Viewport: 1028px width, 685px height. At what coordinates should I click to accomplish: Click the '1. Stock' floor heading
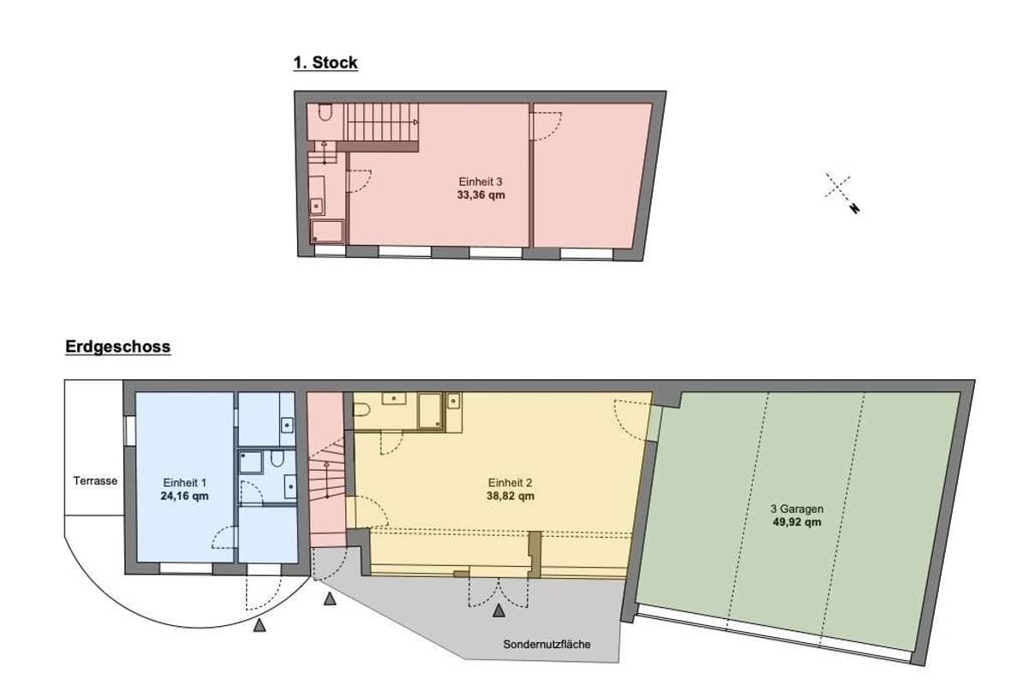pos(326,63)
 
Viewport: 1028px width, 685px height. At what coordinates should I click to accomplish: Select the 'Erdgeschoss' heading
pos(118,347)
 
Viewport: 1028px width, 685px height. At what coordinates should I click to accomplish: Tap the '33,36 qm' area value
pos(481,195)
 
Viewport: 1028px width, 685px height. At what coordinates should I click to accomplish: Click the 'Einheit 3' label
pos(481,182)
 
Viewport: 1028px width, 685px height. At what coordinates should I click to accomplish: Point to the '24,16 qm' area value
pos(184,496)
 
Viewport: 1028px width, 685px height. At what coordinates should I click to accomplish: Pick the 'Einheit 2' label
pos(510,483)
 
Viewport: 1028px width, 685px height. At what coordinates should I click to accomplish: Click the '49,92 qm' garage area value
pos(798,522)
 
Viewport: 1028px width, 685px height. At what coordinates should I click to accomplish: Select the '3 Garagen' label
pos(798,509)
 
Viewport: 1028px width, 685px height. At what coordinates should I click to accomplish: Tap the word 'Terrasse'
pos(95,481)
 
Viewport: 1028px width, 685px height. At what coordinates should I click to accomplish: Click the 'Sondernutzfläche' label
pos(547,644)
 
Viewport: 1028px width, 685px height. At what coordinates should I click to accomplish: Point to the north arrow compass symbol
pos(841,193)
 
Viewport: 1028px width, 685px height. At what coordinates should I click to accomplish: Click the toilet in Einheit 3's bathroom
pos(325,112)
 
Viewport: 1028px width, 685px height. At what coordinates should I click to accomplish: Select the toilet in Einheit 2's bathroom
pos(362,409)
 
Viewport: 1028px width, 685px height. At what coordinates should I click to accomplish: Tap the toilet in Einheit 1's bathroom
pos(277,458)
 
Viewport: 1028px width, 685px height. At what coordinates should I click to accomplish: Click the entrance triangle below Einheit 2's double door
pos(499,611)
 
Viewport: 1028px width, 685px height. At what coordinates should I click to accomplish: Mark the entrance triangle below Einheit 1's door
pos(260,625)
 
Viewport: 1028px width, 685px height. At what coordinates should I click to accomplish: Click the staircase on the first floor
pos(381,122)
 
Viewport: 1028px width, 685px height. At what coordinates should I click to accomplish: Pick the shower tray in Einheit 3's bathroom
pos(327,232)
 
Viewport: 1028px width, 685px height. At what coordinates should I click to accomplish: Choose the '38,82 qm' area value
pos(511,496)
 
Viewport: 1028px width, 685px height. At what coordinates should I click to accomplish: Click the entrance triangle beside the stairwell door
pos(330,599)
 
